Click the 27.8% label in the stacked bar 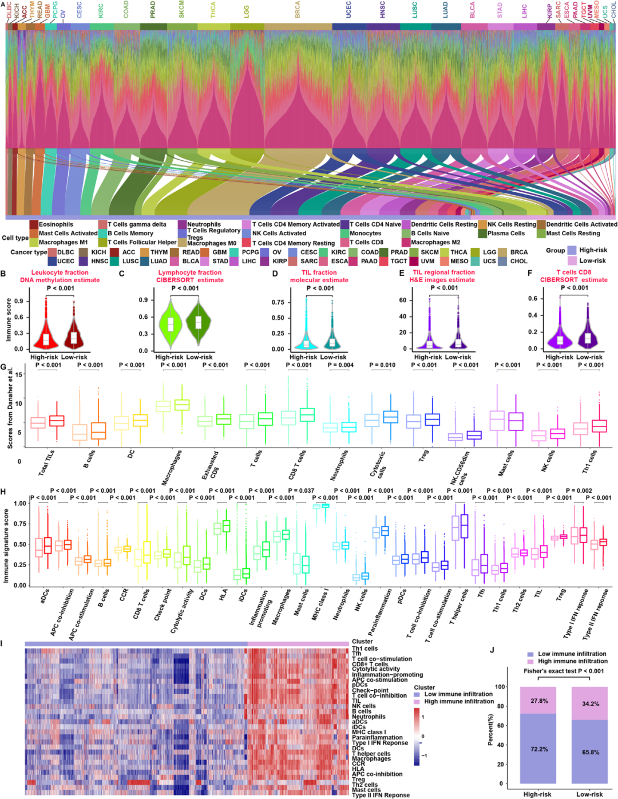[x=539, y=701]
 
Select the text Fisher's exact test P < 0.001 [x=564, y=671]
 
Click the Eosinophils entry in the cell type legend [x=56, y=224]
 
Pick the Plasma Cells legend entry [x=506, y=234]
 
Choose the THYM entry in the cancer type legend [x=159, y=252]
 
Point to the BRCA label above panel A [x=297, y=10]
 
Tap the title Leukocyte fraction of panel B [x=60, y=272]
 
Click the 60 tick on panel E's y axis [x=403, y=300]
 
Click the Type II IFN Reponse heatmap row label [x=381, y=795]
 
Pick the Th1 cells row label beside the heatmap [x=365, y=648]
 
